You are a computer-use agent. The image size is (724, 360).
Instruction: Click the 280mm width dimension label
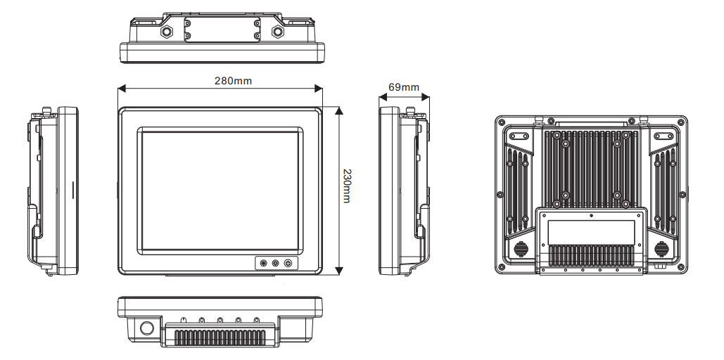pos(233,81)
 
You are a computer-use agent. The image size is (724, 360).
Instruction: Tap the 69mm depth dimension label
pos(403,88)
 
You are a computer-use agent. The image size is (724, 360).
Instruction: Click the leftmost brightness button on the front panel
pos(264,264)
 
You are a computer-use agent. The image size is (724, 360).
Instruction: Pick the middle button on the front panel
pos(275,264)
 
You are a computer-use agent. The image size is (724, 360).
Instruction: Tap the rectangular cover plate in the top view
pos(222,28)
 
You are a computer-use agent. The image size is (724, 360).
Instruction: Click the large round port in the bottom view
pos(147,328)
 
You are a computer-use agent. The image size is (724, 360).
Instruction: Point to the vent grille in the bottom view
pos(220,338)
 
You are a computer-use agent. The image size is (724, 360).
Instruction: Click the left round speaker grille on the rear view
pos(521,249)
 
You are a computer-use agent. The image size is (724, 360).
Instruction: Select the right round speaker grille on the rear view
pos(662,249)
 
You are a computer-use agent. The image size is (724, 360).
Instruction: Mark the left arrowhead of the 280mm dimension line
pos(120,89)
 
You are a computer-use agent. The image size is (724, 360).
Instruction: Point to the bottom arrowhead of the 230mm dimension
pos(339,271)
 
